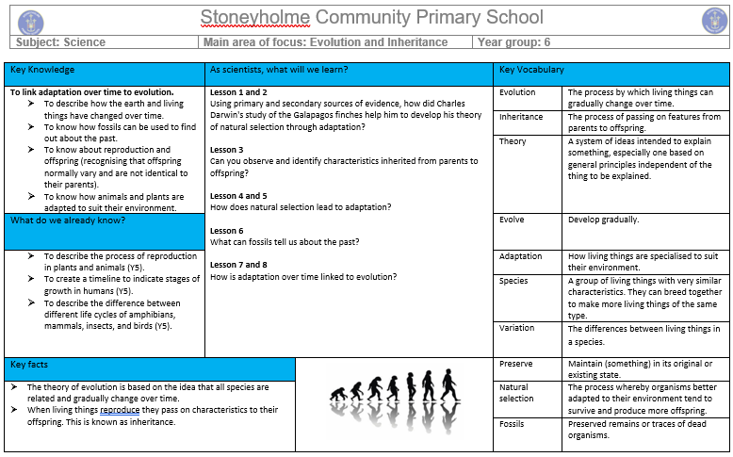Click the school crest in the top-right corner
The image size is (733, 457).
tap(714, 20)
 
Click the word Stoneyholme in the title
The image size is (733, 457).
tap(254, 18)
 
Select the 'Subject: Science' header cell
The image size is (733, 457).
tap(58, 42)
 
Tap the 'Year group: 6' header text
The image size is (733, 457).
tap(514, 42)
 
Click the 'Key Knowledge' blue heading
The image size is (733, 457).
tap(42, 70)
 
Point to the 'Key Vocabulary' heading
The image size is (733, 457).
tap(531, 70)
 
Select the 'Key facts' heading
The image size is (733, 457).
tap(29, 364)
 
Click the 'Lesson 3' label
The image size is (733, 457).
tap(226, 150)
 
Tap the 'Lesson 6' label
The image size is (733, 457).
tap(226, 231)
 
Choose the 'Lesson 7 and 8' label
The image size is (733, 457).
tap(238, 265)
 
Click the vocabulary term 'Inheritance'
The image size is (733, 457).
tap(521, 117)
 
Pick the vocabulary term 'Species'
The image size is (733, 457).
tap(513, 281)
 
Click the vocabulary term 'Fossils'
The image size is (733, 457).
tap(513, 424)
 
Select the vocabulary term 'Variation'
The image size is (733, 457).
tap(516, 328)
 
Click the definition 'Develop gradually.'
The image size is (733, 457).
tap(603, 220)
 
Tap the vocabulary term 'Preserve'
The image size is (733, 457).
tap(515, 364)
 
